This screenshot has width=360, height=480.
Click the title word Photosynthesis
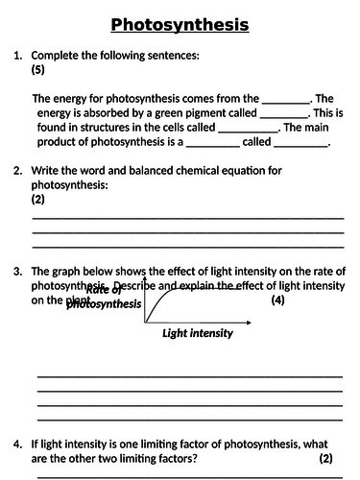click(180, 24)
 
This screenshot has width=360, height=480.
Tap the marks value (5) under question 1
click(39, 70)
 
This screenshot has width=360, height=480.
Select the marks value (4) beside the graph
click(277, 301)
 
